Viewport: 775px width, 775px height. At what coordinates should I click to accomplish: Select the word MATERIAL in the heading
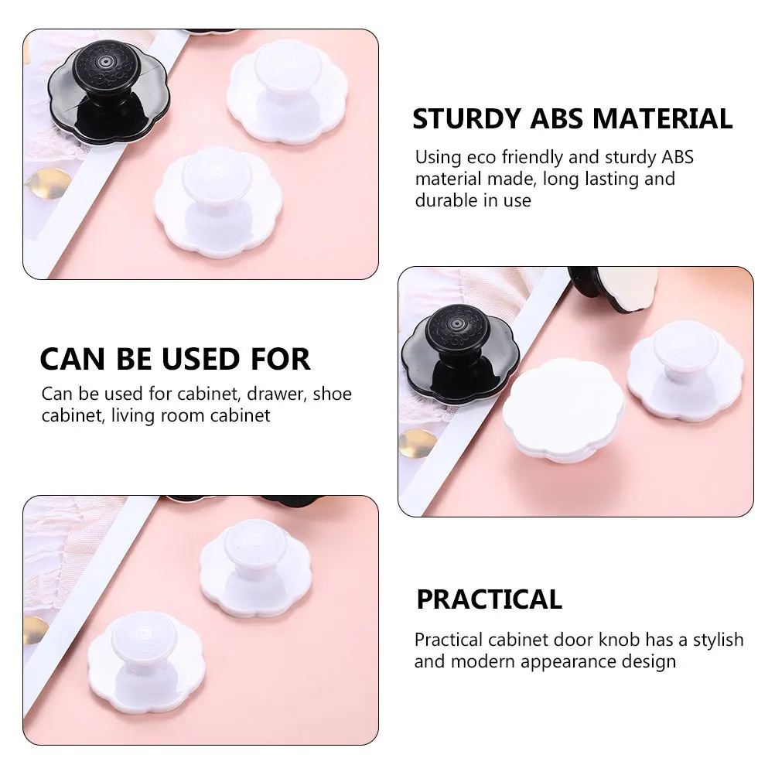coord(663,119)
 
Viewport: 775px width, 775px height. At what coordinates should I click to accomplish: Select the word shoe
coord(333,394)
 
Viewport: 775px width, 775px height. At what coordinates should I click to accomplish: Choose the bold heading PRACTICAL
coord(489,599)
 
